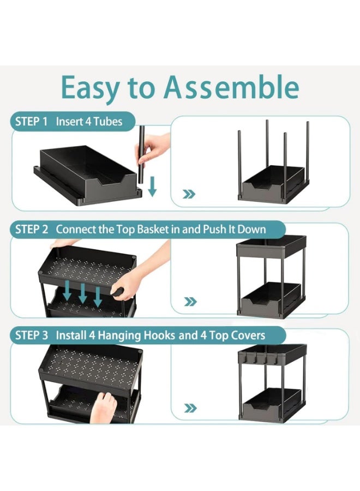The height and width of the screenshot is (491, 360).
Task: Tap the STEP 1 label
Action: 31,121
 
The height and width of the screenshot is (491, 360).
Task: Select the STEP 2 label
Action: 32,229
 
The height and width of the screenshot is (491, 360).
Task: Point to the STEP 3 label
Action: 32,335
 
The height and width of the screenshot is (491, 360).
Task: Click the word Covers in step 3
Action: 248,335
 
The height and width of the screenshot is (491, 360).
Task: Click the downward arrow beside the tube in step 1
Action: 152,187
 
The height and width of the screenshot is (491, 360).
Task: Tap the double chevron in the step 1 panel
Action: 189,194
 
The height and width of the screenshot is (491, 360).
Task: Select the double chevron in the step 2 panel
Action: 190,302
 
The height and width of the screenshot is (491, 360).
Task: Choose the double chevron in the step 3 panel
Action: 190,408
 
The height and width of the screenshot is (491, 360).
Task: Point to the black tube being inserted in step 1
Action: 141,155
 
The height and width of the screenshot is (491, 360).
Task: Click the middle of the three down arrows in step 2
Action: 82,292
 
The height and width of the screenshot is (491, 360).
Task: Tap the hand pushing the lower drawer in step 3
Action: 104,407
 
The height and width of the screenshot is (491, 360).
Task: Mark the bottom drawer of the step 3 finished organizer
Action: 272,404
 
